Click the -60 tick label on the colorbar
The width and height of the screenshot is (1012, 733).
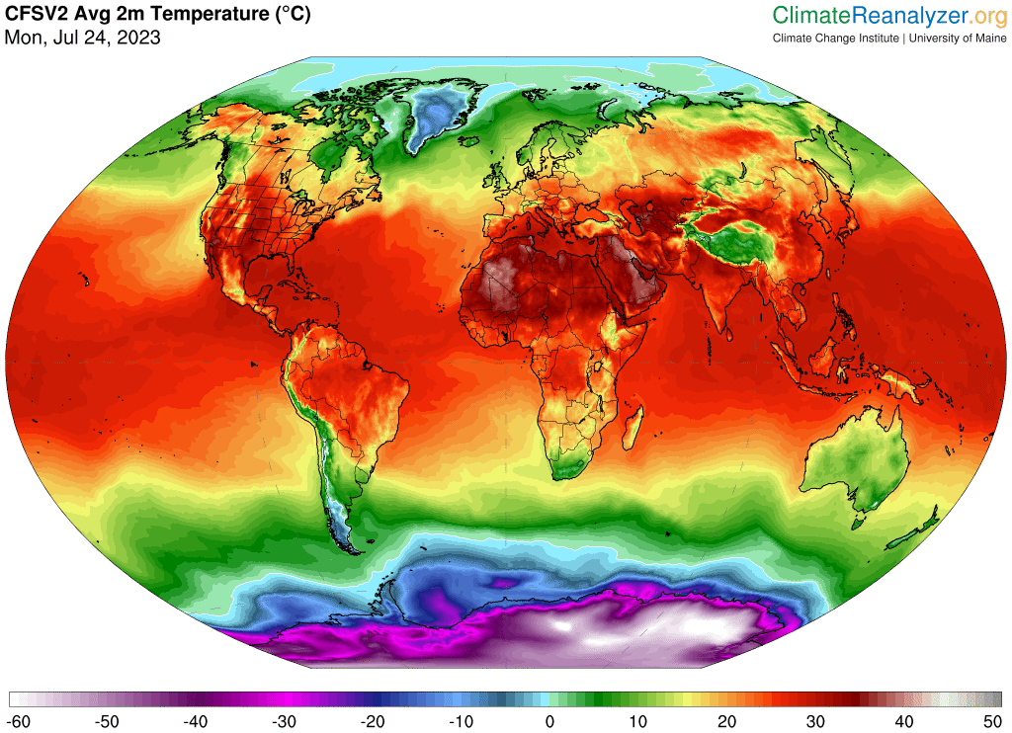(x=20, y=721)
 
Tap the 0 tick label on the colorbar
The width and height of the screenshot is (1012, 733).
(x=549, y=721)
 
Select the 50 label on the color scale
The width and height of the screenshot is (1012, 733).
(x=991, y=721)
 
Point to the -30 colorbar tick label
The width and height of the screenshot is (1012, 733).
(x=285, y=721)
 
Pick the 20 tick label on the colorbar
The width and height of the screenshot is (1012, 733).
(x=726, y=721)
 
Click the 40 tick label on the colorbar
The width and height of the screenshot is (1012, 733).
(x=903, y=721)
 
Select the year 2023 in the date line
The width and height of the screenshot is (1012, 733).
(x=140, y=38)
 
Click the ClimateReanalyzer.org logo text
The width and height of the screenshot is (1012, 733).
(x=888, y=15)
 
